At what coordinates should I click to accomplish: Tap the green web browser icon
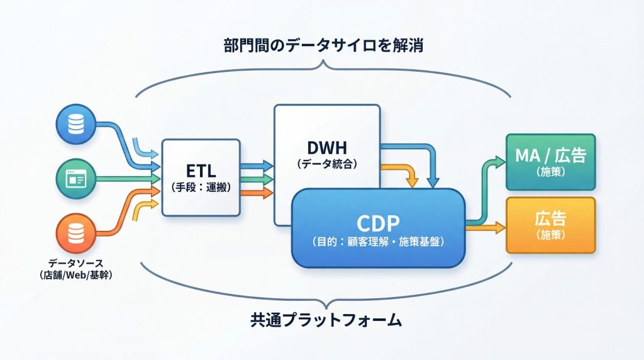click(x=75, y=179)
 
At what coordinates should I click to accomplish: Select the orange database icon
click(x=75, y=233)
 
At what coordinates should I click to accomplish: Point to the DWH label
click(x=326, y=149)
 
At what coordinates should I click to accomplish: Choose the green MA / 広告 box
click(x=551, y=162)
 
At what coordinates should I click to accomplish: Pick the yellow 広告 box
click(x=551, y=225)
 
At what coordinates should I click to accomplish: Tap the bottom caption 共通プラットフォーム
click(x=322, y=320)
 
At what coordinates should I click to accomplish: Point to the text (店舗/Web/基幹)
click(x=75, y=275)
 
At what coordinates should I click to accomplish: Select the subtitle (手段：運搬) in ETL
click(x=201, y=187)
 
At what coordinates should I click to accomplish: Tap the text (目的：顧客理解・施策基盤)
click(x=377, y=240)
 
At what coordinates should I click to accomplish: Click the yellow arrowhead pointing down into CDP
click(x=412, y=183)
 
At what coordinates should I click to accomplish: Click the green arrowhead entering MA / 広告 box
click(x=501, y=162)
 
